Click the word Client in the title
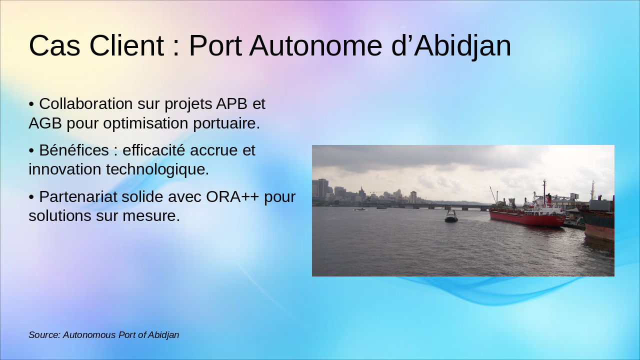point(126,45)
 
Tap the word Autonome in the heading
point(315,45)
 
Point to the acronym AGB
point(45,123)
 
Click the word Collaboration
point(85,103)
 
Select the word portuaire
point(226,123)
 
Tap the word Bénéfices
point(74,150)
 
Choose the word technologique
point(157,169)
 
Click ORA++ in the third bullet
point(232,196)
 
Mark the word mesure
point(151,216)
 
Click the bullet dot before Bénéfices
point(31,151)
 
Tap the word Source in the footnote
point(44,335)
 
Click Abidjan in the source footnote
point(163,335)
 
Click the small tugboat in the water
point(451,216)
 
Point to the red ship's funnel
point(548,199)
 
